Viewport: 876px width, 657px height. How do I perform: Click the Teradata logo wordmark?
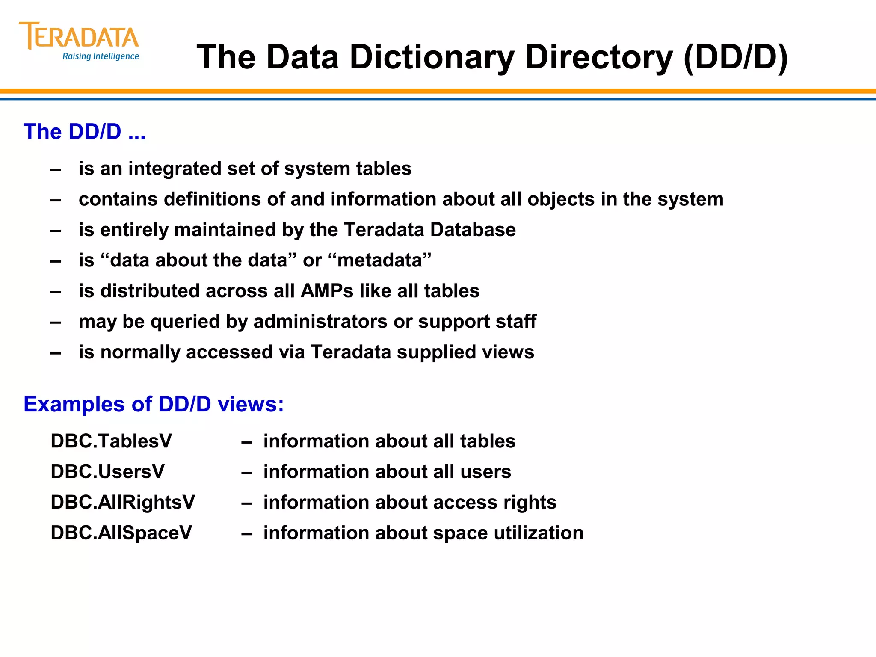pyautogui.click(x=79, y=36)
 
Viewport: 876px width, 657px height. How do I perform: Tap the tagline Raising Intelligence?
pyautogui.click(x=101, y=56)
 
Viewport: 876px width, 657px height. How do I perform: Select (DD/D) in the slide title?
pyautogui.click(x=736, y=57)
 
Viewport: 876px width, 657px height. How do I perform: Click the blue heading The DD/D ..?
pyautogui.click(x=84, y=131)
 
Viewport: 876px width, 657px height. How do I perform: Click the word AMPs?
pyautogui.click(x=327, y=291)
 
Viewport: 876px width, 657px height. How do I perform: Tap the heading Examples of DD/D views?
pyautogui.click(x=154, y=404)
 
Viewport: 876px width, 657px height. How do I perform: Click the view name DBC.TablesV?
pyautogui.click(x=111, y=441)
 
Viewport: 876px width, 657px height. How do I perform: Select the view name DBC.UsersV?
pyautogui.click(x=107, y=472)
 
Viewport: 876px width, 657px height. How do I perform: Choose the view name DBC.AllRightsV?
pyautogui.click(x=123, y=502)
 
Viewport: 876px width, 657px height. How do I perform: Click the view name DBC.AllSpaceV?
pyautogui.click(x=121, y=533)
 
